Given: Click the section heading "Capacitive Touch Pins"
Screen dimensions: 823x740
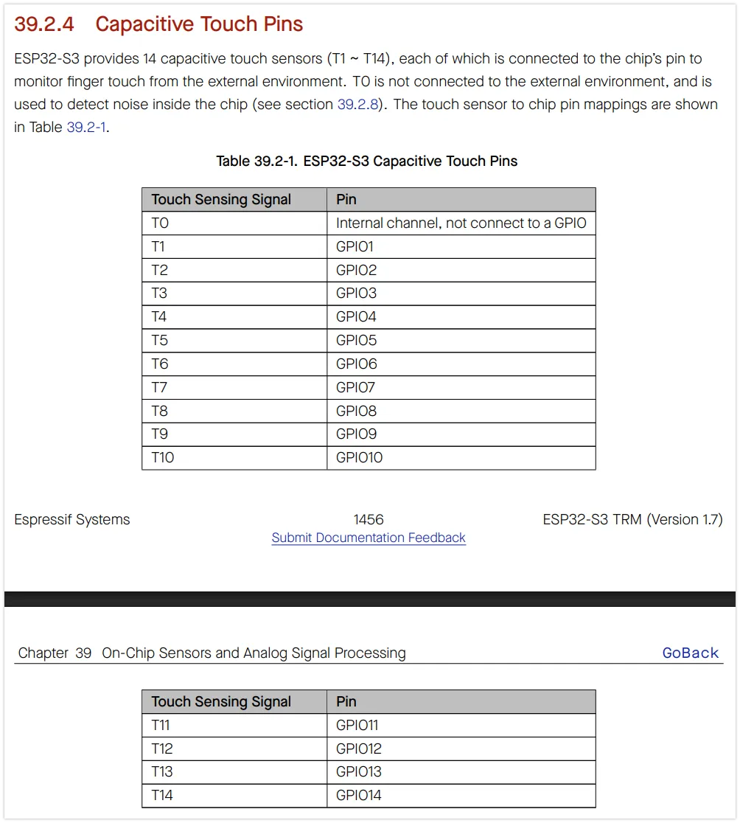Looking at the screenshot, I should (x=199, y=24).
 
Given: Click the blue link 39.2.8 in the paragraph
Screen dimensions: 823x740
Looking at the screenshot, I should (x=358, y=105).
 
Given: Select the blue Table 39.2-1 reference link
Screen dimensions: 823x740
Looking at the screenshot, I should (x=87, y=128).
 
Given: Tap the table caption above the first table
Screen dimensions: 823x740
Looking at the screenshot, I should (x=366, y=161).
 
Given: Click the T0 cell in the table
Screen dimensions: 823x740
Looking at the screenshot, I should (x=160, y=223).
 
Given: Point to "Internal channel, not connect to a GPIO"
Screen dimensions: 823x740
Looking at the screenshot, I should (x=461, y=223).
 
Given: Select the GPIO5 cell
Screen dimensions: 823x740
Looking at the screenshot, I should (x=356, y=340).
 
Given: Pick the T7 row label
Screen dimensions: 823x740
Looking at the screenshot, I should (x=160, y=387).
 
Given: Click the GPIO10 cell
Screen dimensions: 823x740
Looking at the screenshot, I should (x=359, y=457).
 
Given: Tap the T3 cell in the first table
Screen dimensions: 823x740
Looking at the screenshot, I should (x=160, y=293).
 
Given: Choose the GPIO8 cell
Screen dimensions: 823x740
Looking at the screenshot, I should (x=356, y=411).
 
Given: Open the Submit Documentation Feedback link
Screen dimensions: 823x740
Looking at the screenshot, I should (x=369, y=538).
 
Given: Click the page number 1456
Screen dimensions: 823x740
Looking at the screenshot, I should (x=369, y=520).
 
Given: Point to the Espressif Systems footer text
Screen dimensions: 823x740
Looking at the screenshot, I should (x=72, y=520).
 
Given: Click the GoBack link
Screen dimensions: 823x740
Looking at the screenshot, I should (x=690, y=653).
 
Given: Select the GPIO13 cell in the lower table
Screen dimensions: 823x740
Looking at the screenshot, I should (x=358, y=771).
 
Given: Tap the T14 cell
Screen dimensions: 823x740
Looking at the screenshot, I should (x=162, y=795).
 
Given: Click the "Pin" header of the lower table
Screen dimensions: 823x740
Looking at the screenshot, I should (x=346, y=701).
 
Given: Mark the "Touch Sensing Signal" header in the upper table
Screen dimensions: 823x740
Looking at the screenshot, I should (x=221, y=199).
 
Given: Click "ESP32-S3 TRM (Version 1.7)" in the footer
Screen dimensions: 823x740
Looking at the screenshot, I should (x=632, y=520).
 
